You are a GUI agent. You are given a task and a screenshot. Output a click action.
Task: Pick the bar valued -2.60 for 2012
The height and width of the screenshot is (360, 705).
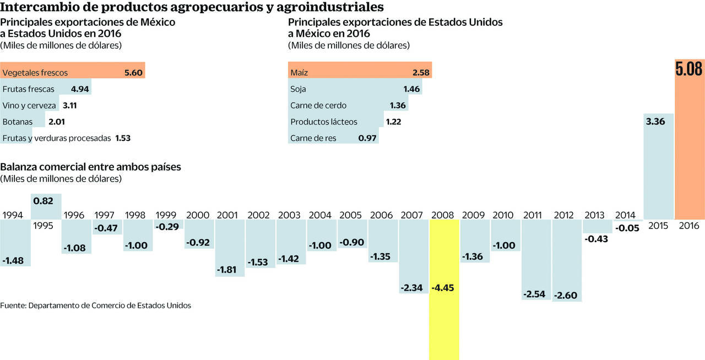tap(567, 259)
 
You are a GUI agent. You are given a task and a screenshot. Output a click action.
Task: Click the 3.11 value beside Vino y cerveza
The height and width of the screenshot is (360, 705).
tap(69, 105)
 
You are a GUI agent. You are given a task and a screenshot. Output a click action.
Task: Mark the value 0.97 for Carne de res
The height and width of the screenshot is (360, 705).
tap(367, 138)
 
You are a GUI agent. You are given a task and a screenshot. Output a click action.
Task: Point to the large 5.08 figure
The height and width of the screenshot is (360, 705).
tap(689, 69)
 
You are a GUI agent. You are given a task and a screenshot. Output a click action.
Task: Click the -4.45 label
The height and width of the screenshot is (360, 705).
tap(444, 288)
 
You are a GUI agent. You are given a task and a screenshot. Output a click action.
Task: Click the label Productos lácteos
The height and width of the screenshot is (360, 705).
tap(324, 122)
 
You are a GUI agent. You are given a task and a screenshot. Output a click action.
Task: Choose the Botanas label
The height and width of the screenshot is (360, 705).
tap(18, 122)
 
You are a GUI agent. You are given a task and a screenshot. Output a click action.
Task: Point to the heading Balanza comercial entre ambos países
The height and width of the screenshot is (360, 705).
tap(91, 167)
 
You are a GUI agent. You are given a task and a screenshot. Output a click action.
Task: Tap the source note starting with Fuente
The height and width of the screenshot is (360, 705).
tap(96, 305)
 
